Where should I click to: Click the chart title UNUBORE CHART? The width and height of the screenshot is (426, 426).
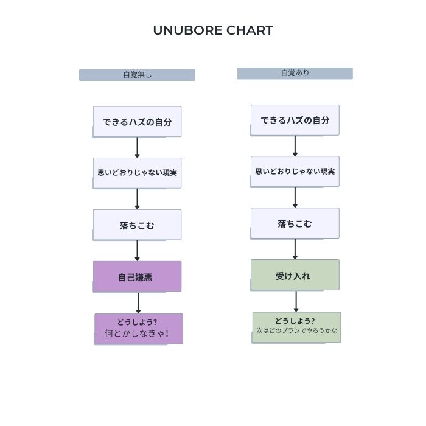pyautogui.click(x=213, y=30)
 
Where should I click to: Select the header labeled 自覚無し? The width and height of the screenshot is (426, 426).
pyautogui.click(x=137, y=75)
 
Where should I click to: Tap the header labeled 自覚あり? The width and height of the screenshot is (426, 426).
pyautogui.click(x=295, y=74)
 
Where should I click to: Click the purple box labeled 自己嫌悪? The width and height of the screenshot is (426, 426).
pyautogui.click(x=137, y=276)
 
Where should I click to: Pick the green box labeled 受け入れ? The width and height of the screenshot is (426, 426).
pyautogui.click(x=295, y=275)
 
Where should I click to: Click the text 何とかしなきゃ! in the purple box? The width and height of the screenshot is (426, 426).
pyautogui.click(x=137, y=333)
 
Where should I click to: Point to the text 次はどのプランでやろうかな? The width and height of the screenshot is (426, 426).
pyautogui.click(x=297, y=330)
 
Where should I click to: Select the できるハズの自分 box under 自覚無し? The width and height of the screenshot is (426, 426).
pyautogui.click(x=137, y=122)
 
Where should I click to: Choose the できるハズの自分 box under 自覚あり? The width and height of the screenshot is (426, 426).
pyautogui.click(x=295, y=120)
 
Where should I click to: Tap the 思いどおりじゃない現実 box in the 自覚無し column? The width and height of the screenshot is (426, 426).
pyautogui.click(x=137, y=173)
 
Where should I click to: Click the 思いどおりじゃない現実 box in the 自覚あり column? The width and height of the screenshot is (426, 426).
pyautogui.click(x=295, y=172)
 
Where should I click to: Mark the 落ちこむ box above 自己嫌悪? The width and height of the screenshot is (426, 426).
pyautogui.click(x=137, y=225)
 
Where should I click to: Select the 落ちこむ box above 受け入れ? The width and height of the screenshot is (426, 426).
pyautogui.click(x=295, y=223)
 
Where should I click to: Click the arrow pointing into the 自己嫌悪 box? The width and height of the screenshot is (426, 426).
pyautogui.click(x=137, y=251)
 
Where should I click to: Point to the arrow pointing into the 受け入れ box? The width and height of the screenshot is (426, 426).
pyautogui.click(x=295, y=249)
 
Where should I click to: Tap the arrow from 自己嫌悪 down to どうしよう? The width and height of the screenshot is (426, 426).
pyautogui.click(x=138, y=303)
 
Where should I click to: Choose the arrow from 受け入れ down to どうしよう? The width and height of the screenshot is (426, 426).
pyautogui.click(x=296, y=301)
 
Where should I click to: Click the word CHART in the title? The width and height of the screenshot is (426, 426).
pyautogui.click(x=250, y=30)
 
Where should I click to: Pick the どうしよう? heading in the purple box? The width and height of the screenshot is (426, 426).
pyautogui.click(x=137, y=322)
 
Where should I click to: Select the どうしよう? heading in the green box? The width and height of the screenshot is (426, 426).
pyautogui.click(x=295, y=321)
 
